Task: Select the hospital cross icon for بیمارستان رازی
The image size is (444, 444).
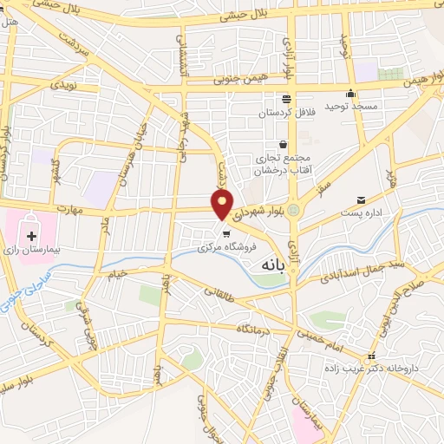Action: (x=32, y=236)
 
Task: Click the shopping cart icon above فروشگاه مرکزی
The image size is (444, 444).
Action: (x=225, y=232)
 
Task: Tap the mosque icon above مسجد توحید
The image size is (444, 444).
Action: (x=351, y=94)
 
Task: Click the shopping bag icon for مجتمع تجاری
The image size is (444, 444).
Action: (x=283, y=145)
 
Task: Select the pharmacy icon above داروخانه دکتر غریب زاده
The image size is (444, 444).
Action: (x=371, y=356)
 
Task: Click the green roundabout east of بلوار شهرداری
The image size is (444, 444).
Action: (x=294, y=210)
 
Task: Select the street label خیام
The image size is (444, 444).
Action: (x=116, y=272)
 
